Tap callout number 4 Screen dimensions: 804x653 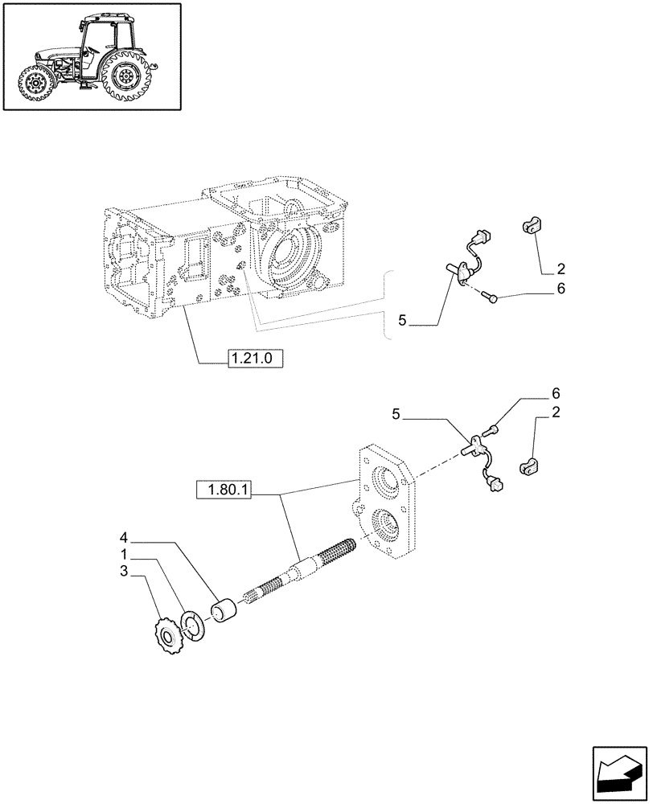(124, 536)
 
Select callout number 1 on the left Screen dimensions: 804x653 (124, 555)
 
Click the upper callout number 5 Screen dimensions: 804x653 (403, 322)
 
